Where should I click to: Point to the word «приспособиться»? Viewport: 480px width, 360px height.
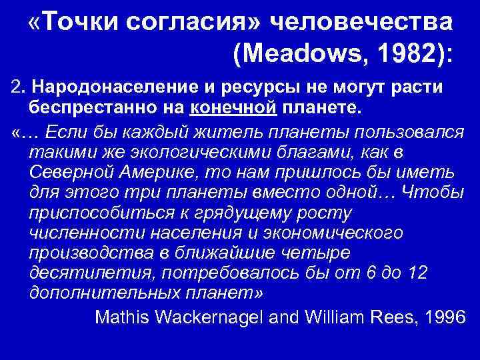pos(92,213)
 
